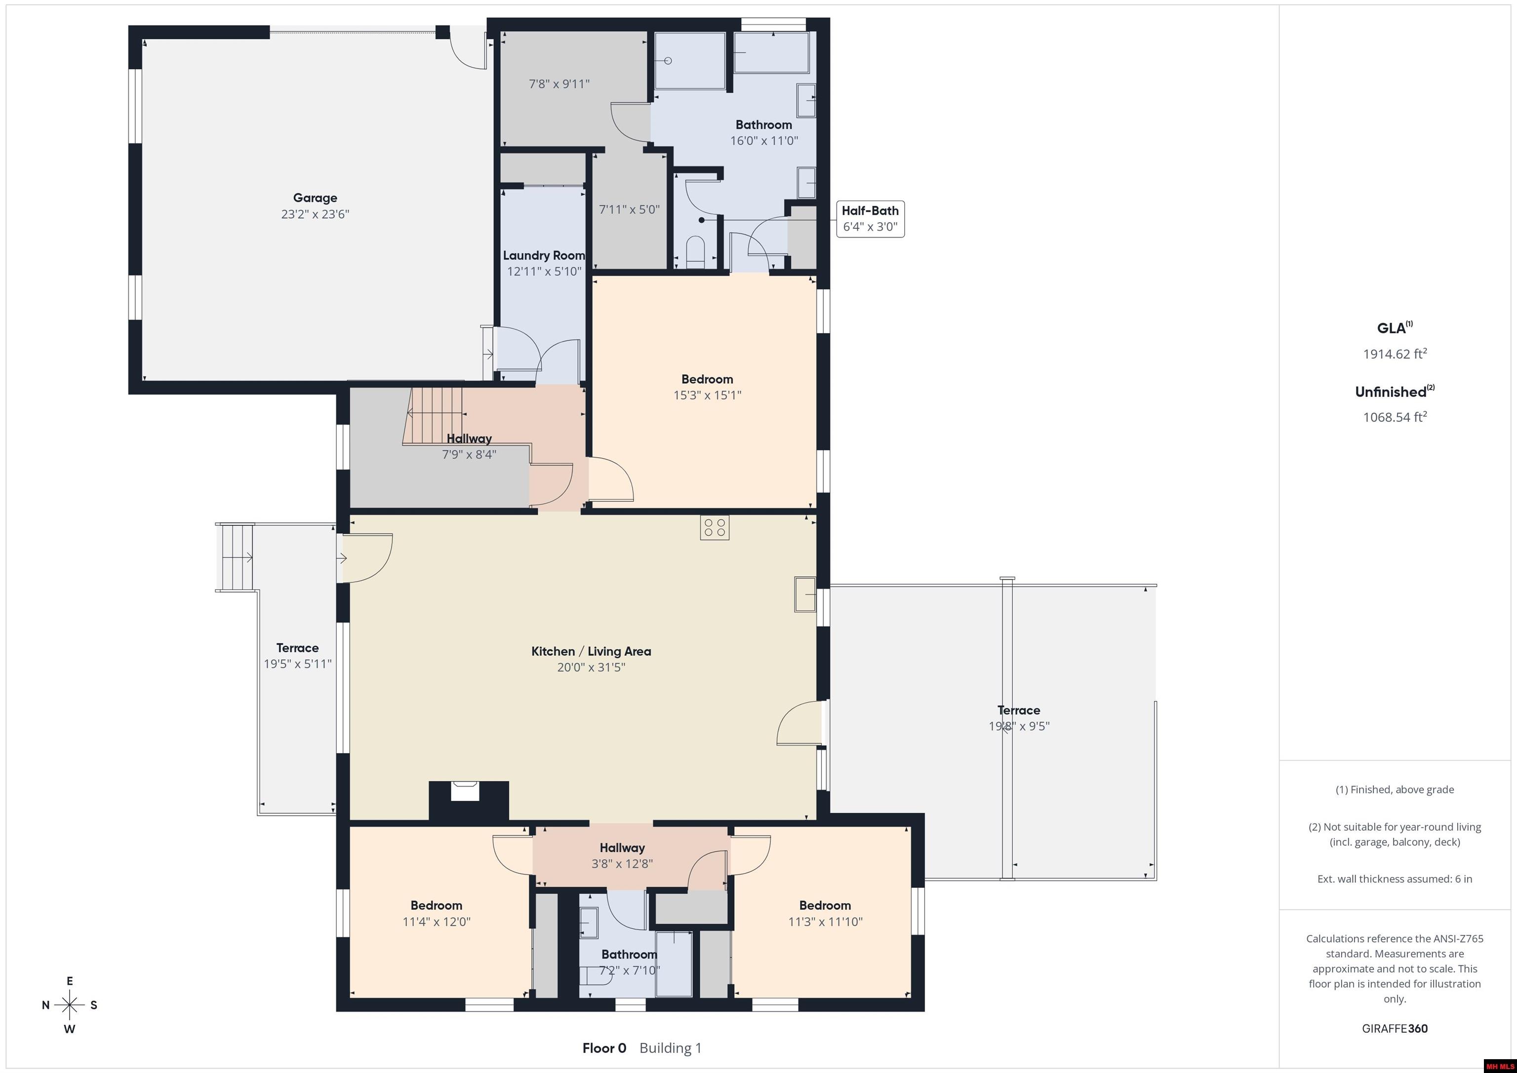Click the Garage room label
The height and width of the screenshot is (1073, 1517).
click(315, 198)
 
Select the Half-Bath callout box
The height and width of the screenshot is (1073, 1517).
click(870, 219)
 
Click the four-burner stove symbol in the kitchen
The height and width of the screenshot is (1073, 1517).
click(715, 527)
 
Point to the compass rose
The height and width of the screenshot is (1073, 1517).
click(69, 1005)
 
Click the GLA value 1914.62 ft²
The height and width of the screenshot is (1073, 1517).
click(1395, 354)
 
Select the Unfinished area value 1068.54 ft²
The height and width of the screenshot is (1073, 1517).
click(1395, 417)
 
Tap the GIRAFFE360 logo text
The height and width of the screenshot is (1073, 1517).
click(1395, 1029)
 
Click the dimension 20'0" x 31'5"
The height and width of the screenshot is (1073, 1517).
click(591, 667)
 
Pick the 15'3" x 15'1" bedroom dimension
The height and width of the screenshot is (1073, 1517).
click(707, 395)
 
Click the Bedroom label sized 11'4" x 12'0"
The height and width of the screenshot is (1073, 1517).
click(436, 906)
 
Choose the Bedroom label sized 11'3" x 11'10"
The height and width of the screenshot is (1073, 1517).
click(825, 906)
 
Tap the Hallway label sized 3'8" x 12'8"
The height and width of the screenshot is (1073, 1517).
click(622, 848)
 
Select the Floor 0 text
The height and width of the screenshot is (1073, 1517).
click(604, 1048)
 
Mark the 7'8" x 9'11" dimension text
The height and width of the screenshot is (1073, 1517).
click(559, 84)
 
